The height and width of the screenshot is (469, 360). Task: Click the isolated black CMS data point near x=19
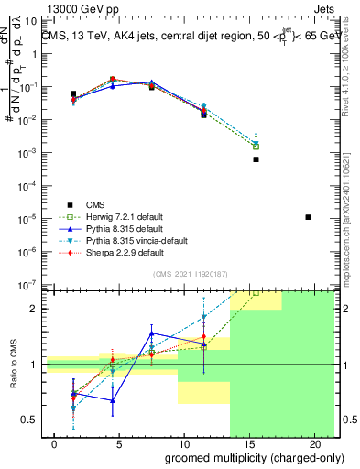click(308, 217)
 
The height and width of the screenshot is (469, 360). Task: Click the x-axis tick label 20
click(308, 444)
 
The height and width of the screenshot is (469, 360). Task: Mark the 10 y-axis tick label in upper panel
click(29, 21)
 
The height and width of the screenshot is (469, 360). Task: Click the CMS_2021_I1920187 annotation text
click(190, 273)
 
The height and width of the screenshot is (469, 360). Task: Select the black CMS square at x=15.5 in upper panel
click(256, 159)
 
